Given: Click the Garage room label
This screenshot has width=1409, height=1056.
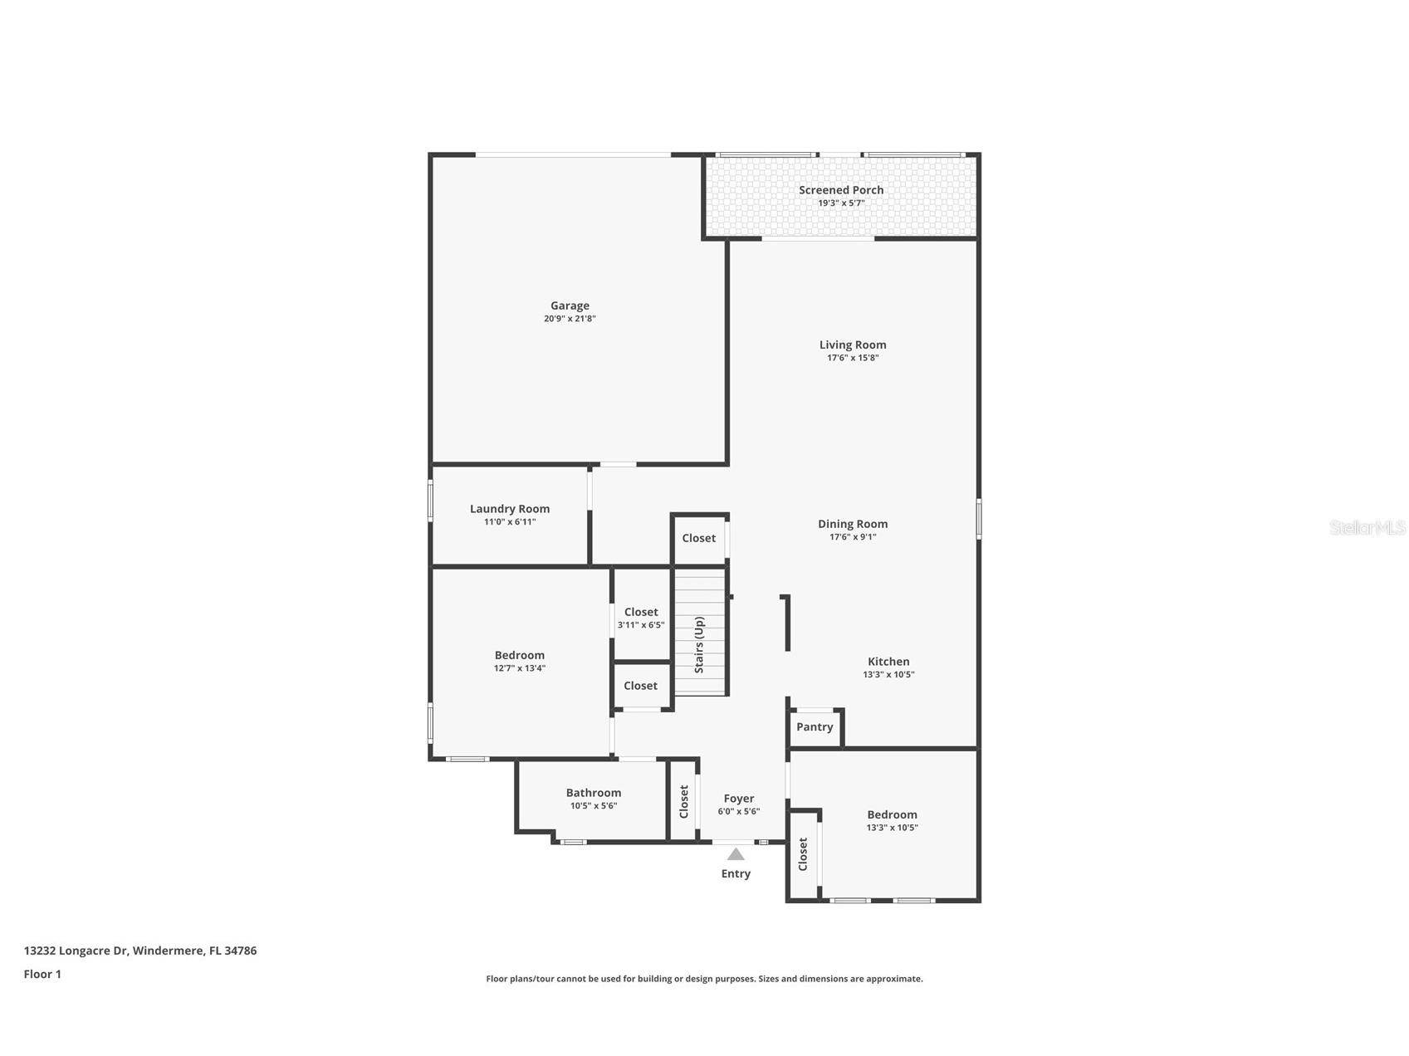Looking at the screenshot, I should click(x=570, y=306).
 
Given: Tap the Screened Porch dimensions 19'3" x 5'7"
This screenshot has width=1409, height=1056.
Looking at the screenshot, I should click(x=841, y=203).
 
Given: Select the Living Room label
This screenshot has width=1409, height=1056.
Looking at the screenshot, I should click(x=853, y=345).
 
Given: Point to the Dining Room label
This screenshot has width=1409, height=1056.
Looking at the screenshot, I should click(x=853, y=524).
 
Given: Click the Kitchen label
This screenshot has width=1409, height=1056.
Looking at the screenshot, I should click(x=888, y=662).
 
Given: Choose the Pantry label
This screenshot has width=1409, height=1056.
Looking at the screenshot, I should click(x=815, y=727).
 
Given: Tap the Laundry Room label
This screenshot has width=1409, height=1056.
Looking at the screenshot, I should click(x=510, y=509).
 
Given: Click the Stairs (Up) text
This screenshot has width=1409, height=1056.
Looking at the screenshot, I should click(x=699, y=644).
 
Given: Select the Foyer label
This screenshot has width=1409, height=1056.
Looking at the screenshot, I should click(x=739, y=799).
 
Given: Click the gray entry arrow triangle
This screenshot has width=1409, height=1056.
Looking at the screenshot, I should click(x=736, y=854).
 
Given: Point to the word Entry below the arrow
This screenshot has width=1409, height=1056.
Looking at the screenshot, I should click(x=736, y=873).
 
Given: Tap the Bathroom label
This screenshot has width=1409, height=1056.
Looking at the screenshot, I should click(x=594, y=793).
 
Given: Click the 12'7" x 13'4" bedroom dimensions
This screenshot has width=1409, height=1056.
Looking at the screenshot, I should click(x=520, y=668).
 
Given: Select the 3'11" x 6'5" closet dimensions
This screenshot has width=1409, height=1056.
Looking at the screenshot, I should click(x=641, y=625).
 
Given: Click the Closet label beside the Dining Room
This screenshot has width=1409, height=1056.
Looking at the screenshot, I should click(x=699, y=538).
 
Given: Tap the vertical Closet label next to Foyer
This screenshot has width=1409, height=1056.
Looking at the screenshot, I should click(x=684, y=801).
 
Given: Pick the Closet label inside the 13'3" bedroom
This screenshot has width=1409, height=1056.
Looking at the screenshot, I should click(x=803, y=854).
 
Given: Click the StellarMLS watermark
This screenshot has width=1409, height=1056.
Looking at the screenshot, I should click(x=1367, y=528).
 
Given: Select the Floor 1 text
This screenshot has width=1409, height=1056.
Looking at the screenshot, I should click(x=42, y=975).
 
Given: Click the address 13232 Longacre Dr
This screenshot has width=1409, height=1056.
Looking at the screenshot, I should click(x=140, y=951).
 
